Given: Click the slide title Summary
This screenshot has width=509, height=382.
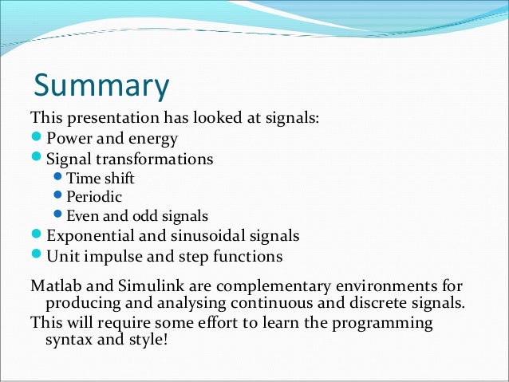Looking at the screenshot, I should tap(101, 86).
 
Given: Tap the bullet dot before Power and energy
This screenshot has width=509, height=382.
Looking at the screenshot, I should tap(36, 138).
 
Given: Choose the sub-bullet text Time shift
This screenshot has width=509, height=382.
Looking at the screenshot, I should tap(101, 178).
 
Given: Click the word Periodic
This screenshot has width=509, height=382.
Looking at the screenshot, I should tap(94, 196).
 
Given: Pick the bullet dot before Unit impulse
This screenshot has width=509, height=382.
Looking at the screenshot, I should tap(36, 256).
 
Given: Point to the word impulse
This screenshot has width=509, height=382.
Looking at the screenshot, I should tap(109, 257).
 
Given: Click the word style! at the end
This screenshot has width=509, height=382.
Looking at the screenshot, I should tap(152, 341).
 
